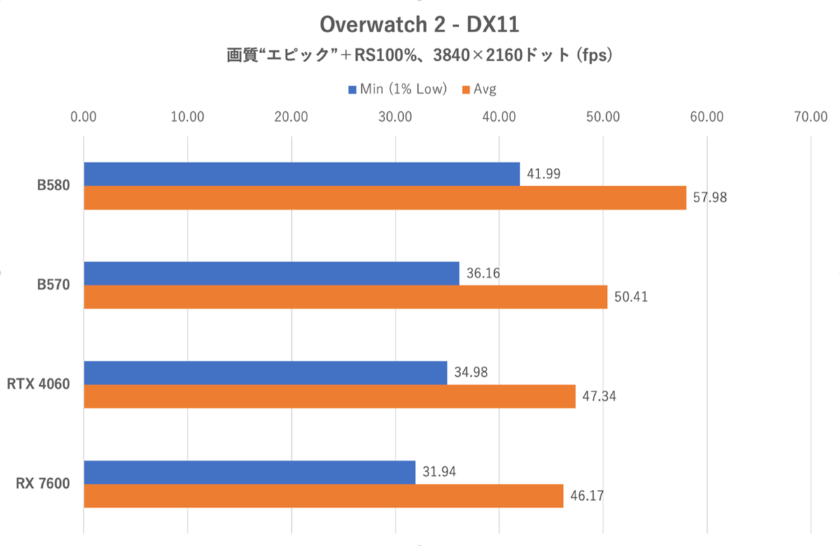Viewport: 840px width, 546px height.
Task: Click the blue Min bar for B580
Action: pos(302,174)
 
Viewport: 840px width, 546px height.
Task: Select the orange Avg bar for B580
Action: pos(385,198)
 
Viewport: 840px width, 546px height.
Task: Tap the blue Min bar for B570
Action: pos(272,273)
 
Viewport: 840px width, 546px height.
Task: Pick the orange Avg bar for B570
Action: pos(346,297)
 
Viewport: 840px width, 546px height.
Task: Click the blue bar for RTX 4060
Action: pos(265,373)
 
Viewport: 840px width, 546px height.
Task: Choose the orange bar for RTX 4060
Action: pos(330,396)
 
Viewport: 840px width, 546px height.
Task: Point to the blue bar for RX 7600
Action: pos(249,472)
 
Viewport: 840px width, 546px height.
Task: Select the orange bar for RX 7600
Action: pos(323,496)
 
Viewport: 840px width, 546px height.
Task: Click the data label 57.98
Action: pos(710,198)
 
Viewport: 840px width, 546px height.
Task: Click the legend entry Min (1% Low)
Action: pos(398,89)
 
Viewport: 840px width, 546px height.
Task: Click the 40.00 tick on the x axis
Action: pos(499,117)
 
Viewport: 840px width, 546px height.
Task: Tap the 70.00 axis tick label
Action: pos(811,117)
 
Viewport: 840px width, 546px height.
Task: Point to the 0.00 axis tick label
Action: pos(84,117)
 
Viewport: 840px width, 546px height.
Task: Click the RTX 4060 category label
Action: pos(40,385)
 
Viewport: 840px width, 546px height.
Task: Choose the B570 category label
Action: pos(54,285)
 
